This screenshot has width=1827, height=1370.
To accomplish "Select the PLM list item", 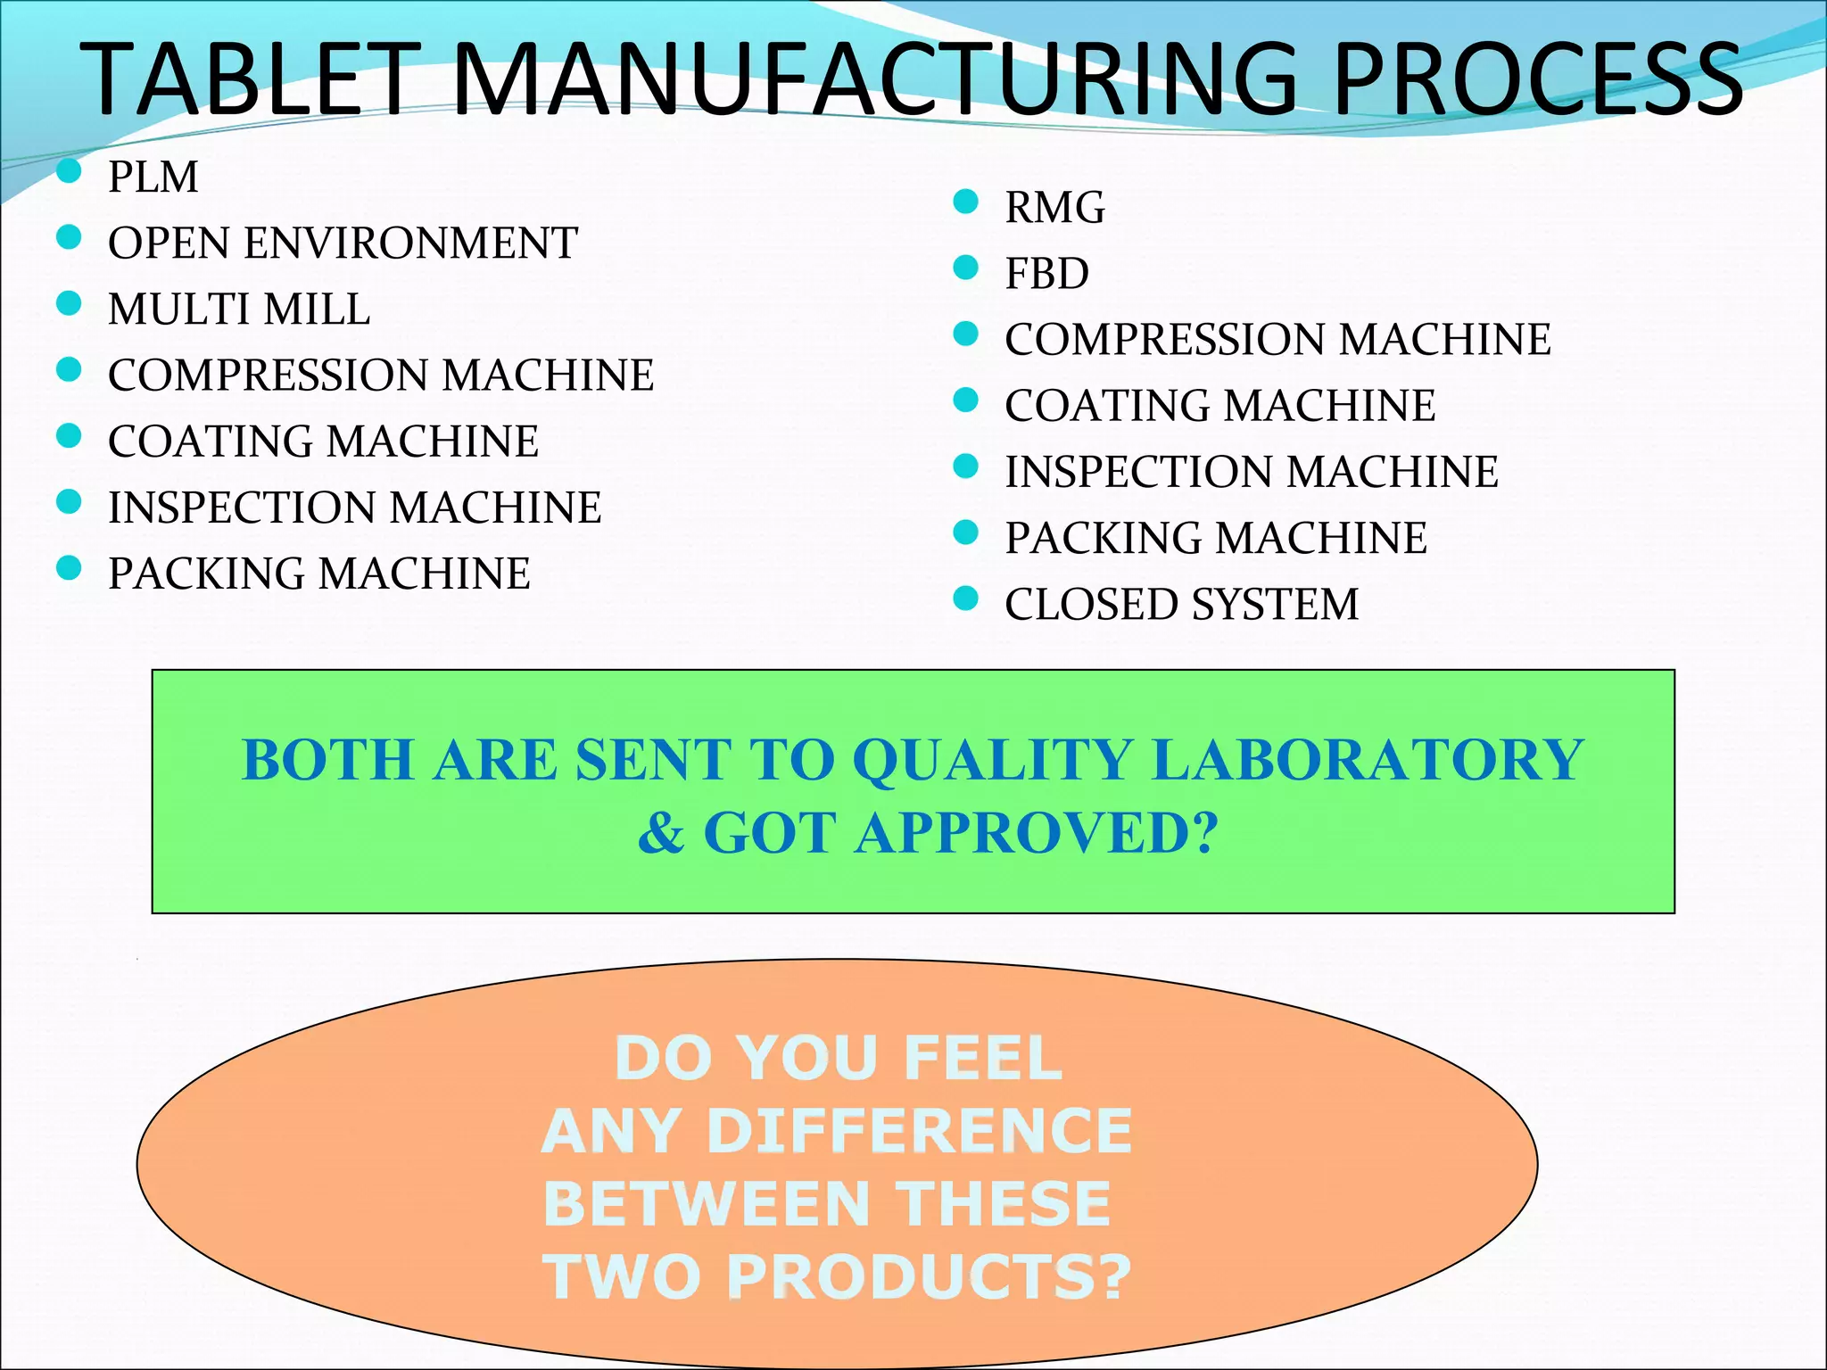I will pyautogui.click(x=153, y=177).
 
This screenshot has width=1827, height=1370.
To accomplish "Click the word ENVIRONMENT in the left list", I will pyautogui.click(x=411, y=243).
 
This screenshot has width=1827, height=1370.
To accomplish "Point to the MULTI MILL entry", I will pyautogui.click(x=238, y=309).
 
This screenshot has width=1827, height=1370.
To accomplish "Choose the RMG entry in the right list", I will pyautogui.click(x=1054, y=208).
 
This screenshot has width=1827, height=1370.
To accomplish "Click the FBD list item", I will pyautogui.click(x=1046, y=274).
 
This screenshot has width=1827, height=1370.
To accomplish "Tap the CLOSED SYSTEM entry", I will pyautogui.click(x=1181, y=605).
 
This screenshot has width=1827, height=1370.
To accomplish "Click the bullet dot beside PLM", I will pyautogui.click(x=69, y=170).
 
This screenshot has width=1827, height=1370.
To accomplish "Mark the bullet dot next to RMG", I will pyautogui.click(x=965, y=202).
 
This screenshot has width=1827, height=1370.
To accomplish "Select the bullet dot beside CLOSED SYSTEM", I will pyautogui.click(x=965, y=598).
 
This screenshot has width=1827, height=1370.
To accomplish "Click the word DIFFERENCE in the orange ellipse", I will pyautogui.click(x=919, y=1131).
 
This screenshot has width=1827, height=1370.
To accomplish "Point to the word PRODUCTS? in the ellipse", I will pyautogui.click(x=928, y=1277).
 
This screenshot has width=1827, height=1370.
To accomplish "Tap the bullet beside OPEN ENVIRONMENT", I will pyautogui.click(x=69, y=237).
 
